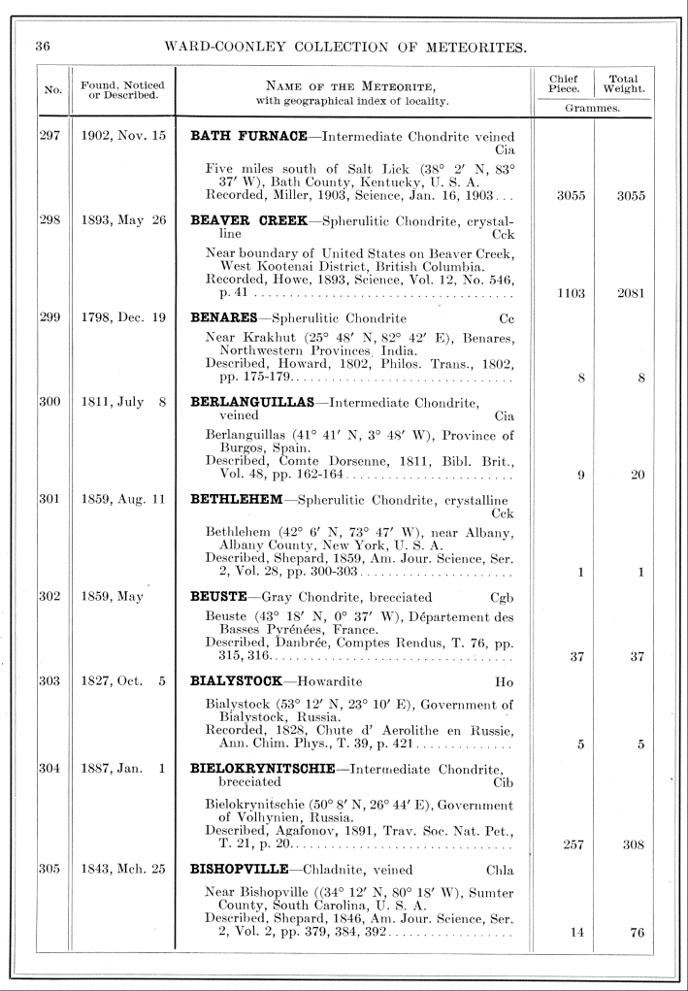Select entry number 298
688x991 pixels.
click(49, 220)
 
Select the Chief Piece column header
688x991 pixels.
click(564, 84)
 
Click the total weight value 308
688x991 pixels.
click(631, 844)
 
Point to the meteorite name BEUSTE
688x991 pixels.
click(221, 597)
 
